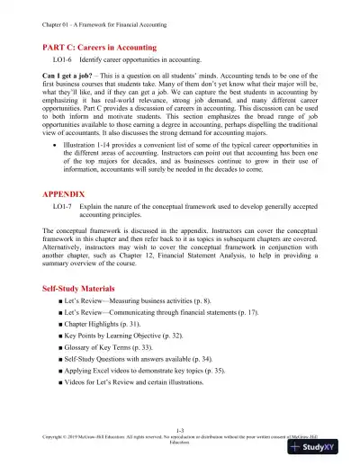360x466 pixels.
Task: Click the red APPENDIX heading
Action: tap(68, 218)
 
